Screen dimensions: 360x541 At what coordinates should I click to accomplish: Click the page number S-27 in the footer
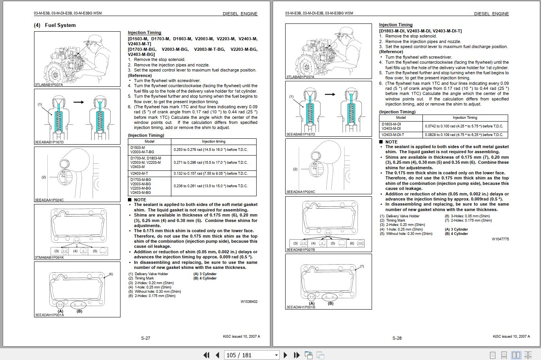point(146,338)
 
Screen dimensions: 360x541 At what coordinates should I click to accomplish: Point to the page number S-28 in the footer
point(397,338)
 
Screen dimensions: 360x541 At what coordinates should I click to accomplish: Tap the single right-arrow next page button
point(285,355)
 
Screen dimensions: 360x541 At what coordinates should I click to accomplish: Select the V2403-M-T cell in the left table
point(139,174)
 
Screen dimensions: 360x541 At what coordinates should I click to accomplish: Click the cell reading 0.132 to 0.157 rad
point(210,174)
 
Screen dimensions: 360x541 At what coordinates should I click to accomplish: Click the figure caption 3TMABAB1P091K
point(49,258)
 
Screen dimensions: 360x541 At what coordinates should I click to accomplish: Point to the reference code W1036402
point(249,302)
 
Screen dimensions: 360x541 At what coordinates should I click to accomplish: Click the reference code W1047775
point(500,239)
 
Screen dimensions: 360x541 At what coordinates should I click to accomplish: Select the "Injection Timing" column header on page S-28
point(465,118)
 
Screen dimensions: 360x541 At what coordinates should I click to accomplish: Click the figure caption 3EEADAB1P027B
point(300,249)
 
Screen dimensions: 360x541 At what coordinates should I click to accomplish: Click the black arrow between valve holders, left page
point(79,102)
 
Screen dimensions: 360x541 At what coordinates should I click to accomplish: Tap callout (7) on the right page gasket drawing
point(361,266)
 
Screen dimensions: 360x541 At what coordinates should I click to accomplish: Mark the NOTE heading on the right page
point(391,142)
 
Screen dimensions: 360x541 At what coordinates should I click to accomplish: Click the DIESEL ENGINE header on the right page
point(491,14)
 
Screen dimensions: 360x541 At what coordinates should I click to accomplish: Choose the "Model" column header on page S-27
point(149,141)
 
